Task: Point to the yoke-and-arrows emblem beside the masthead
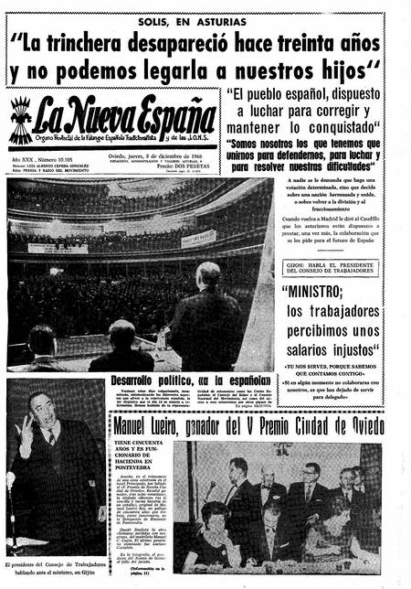click(x=20, y=118)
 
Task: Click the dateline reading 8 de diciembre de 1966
click(x=158, y=156)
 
